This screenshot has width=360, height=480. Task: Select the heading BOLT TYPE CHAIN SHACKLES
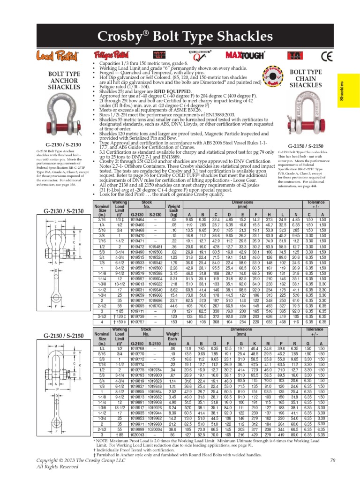click(306, 78)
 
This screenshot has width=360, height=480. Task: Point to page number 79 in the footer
click(333, 460)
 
